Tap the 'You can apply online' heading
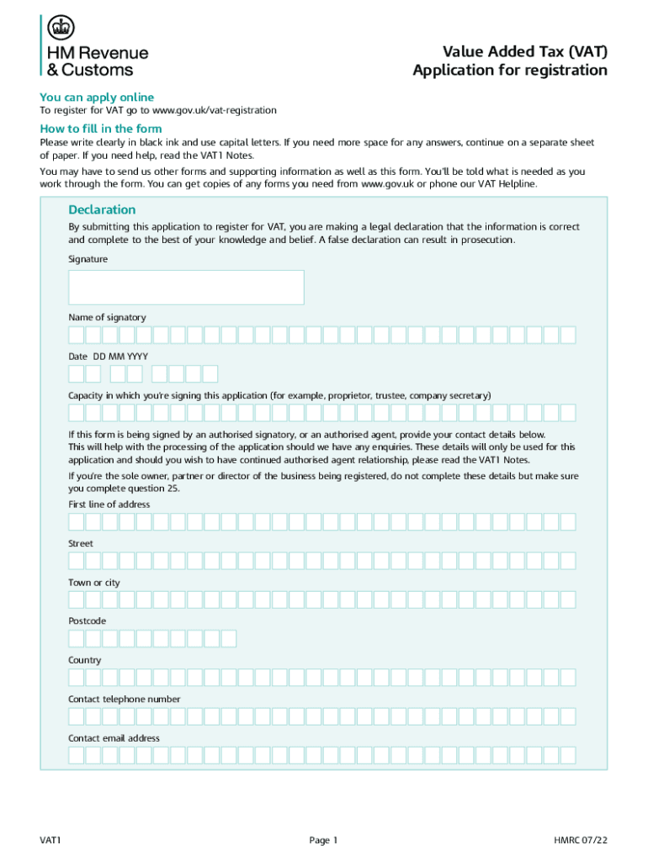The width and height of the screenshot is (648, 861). point(97,97)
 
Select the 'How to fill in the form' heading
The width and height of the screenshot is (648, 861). point(101,129)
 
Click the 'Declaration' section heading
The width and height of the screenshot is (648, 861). point(102,209)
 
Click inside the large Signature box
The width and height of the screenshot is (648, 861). point(186,287)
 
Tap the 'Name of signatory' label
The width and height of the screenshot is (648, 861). point(107,317)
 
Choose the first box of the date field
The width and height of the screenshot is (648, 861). point(77,373)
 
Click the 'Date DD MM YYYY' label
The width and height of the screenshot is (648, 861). point(108,357)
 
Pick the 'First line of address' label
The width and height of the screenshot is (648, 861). point(109,504)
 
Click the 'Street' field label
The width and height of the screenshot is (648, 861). point(81,543)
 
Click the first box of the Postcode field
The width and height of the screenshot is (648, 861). point(77,638)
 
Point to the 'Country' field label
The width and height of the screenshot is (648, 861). point(84,660)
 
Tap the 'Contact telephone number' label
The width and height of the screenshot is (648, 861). point(124,699)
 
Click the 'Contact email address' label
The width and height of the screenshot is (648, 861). point(114,737)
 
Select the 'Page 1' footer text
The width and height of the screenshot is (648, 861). point(323,840)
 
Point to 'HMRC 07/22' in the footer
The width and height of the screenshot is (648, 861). point(580,840)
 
